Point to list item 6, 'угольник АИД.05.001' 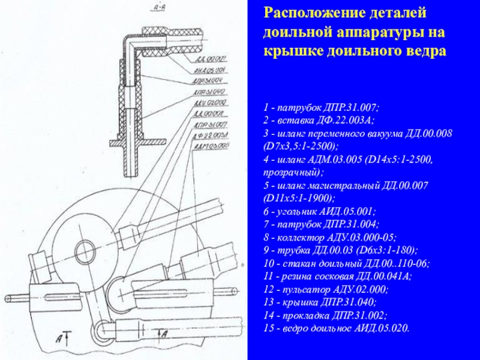tap(319, 212)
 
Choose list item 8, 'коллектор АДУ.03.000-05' tap(329, 238)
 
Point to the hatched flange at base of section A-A tap(133, 142)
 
